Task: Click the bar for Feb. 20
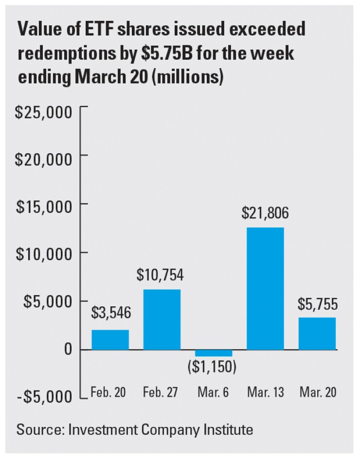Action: (x=110, y=339)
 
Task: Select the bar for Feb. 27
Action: (x=162, y=319)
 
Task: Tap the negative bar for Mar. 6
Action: (x=214, y=353)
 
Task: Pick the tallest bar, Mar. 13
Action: (x=266, y=288)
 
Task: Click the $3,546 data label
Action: (x=111, y=313)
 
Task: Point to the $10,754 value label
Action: (x=161, y=275)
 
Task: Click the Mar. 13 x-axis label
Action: (x=265, y=392)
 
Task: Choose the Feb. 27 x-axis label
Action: (x=162, y=392)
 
